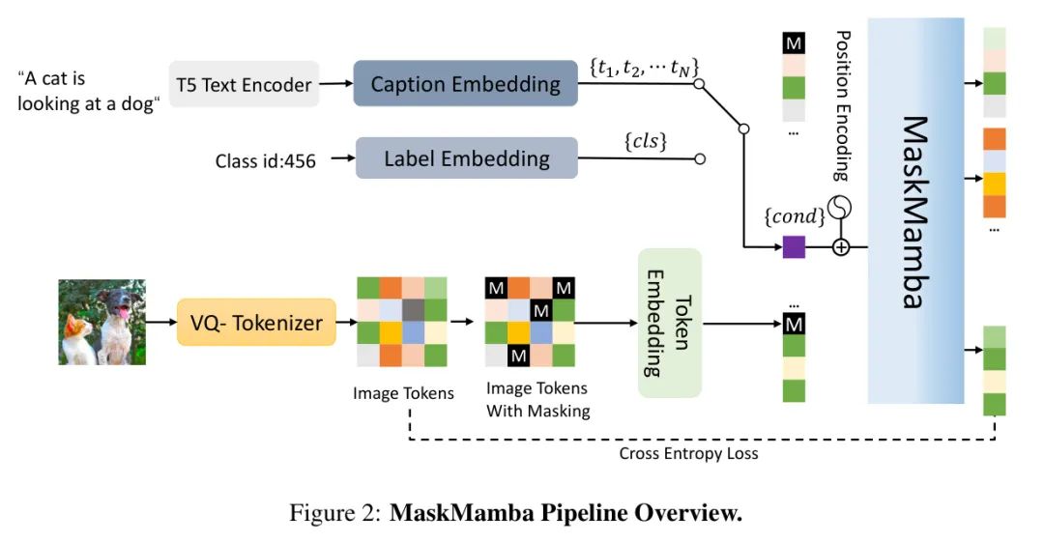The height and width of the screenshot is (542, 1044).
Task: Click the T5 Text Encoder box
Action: (244, 84)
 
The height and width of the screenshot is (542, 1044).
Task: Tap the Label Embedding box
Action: (466, 157)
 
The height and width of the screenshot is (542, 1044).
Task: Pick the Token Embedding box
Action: (669, 322)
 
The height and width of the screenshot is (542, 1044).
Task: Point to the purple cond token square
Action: (794, 247)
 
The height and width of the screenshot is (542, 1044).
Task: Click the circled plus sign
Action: (841, 247)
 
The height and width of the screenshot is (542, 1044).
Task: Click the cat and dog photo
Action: (101, 322)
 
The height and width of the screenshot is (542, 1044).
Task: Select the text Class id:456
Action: (265, 160)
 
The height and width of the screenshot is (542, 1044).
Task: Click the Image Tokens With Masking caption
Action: (536, 399)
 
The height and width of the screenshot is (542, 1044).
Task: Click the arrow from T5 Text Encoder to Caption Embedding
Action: (335, 84)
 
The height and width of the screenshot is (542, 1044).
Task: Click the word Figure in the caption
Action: (319, 513)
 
